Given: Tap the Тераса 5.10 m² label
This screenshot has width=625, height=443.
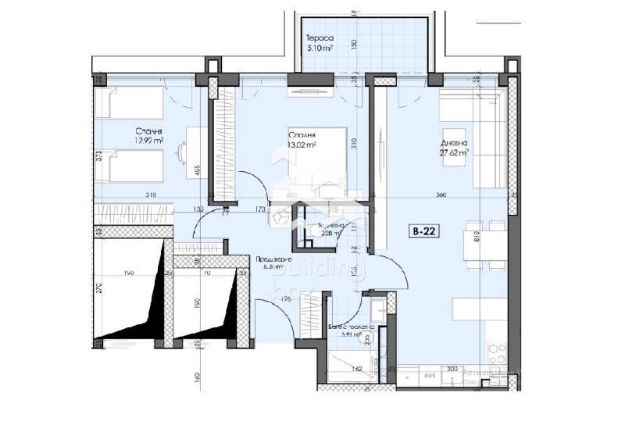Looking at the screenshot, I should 320,42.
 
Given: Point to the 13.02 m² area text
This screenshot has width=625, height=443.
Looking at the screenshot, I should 301,144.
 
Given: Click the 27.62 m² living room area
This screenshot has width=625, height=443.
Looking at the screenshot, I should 453,153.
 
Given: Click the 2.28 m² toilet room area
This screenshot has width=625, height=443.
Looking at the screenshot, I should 321,232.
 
